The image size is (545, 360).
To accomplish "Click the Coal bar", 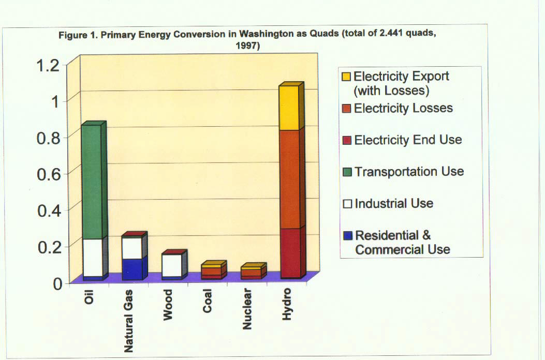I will [212, 272].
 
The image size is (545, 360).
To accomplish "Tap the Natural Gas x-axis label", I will [130, 321].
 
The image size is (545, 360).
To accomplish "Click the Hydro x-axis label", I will [288, 305].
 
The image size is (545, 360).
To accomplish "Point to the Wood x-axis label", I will [169, 306].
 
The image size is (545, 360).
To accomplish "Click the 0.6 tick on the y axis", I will [48, 174].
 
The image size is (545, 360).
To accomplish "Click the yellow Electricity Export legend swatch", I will [347, 77].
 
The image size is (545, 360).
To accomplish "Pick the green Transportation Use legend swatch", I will [347, 172].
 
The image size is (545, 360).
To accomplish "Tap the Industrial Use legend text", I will [393, 203].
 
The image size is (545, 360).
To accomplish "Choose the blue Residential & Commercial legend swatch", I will [347, 236].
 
